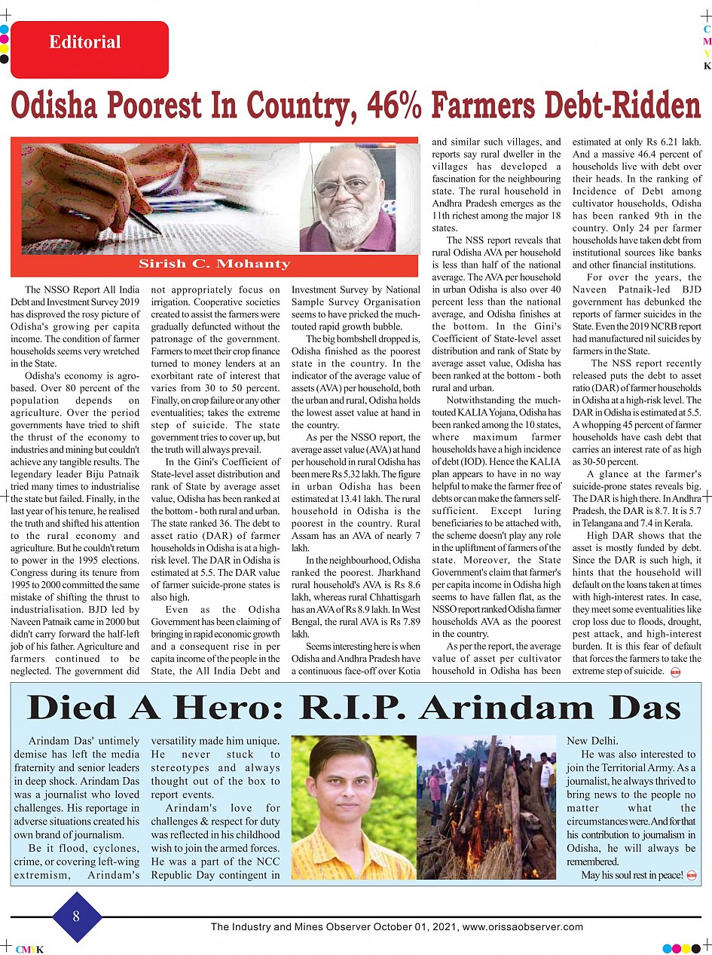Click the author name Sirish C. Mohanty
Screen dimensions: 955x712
(x=214, y=264)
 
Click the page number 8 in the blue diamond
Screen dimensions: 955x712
(x=76, y=917)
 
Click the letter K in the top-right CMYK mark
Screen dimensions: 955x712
(x=707, y=66)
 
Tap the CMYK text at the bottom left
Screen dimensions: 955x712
(x=29, y=950)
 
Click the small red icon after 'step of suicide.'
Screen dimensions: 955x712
(x=675, y=671)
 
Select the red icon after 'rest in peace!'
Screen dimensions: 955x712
(x=692, y=875)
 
